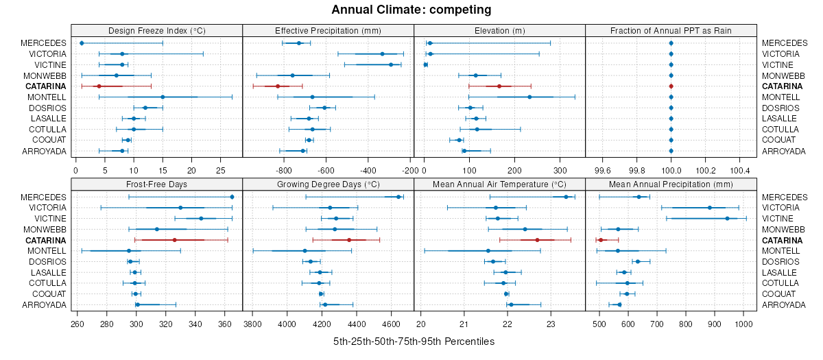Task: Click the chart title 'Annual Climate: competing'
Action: tap(411, 10)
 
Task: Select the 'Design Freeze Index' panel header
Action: tap(157, 31)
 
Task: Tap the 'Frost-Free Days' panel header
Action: tap(157, 184)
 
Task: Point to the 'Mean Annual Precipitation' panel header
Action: tap(671, 184)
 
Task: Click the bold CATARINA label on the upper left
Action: tap(46, 86)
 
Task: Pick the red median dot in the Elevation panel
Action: tap(499, 86)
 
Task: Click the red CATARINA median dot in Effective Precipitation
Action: tap(278, 86)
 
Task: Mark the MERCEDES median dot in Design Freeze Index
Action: tap(82, 43)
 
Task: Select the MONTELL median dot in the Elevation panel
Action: tap(529, 97)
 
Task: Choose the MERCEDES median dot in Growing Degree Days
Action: tap(398, 197)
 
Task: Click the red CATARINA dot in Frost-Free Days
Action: tap(175, 240)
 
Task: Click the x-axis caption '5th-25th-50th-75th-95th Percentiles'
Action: tap(414, 341)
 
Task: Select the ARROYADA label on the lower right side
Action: tap(784, 305)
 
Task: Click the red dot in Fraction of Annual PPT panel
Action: tap(671, 86)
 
